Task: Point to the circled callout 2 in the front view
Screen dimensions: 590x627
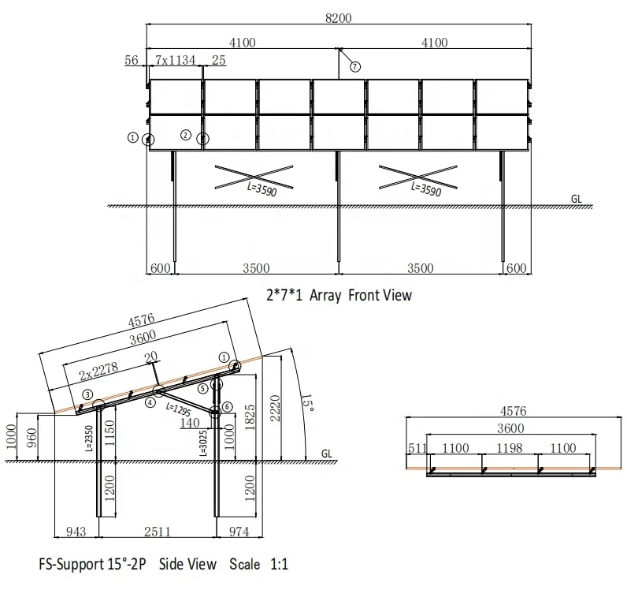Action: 186,136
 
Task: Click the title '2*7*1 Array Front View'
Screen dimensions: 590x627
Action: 339,296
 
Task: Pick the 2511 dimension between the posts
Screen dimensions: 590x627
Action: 157,532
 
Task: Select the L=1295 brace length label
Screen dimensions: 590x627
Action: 178,410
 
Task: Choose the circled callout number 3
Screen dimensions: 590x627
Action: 87,394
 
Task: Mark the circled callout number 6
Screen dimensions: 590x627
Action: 228,406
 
